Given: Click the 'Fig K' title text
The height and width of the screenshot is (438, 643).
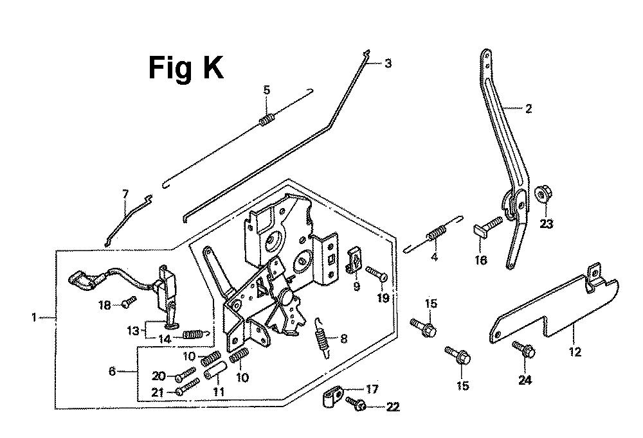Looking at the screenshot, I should pyautogui.click(x=186, y=68).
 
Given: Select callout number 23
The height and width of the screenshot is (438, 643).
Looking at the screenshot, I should pyautogui.click(x=546, y=225).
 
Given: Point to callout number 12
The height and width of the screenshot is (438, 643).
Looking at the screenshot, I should pyautogui.click(x=574, y=352).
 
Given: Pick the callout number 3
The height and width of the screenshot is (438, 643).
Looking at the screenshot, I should pyautogui.click(x=388, y=63).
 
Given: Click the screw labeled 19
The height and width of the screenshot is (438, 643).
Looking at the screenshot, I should pyautogui.click(x=377, y=274).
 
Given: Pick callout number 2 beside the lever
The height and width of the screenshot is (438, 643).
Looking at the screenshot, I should pyautogui.click(x=529, y=109).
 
